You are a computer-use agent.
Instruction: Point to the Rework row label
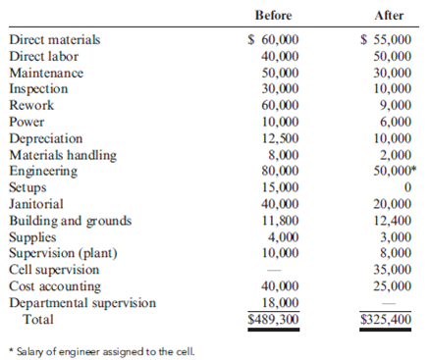(x=31, y=105)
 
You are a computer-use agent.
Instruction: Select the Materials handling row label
(x=63, y=154)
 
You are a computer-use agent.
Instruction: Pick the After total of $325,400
(x=386, y=319)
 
